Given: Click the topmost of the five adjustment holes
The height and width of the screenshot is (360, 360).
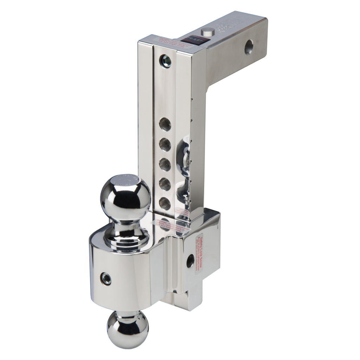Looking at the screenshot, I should point(165,125).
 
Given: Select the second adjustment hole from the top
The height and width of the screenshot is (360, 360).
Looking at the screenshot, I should point(165,144).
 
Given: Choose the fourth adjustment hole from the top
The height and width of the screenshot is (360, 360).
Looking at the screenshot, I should point(165,184).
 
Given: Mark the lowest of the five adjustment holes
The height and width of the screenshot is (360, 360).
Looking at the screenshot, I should point(165,203).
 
